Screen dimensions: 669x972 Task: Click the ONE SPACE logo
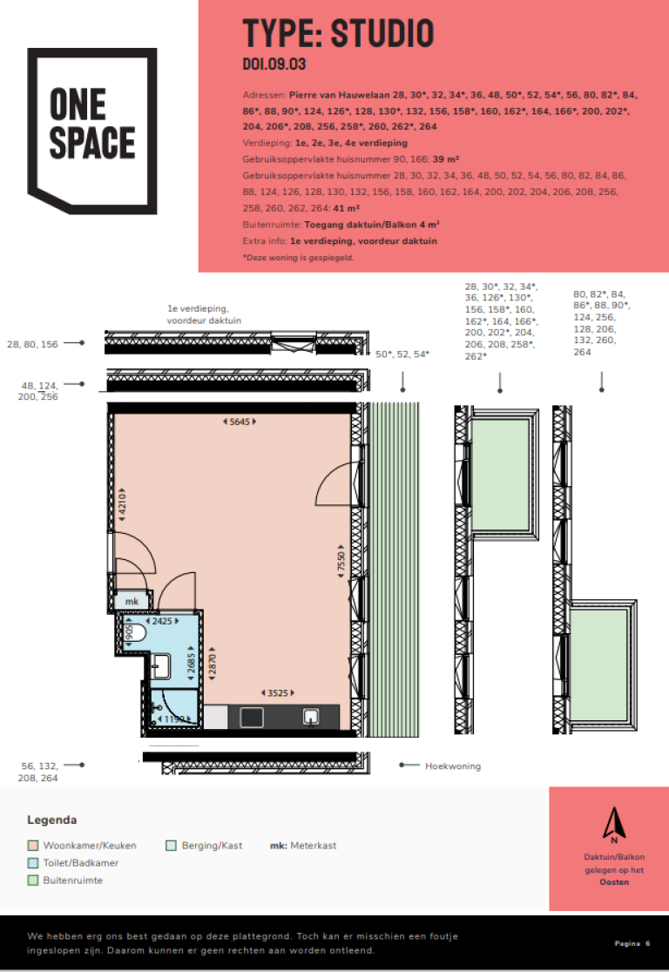click(x=91, y=130)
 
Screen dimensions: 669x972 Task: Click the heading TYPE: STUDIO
click(x=338, y=33)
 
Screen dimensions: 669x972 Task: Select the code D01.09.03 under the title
click(x=274, y=64)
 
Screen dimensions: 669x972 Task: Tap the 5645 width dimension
click(x=240, y=422)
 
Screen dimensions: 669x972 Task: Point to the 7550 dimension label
click(x=341, y=562)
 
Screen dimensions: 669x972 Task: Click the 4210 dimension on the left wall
click(x=122, y=504)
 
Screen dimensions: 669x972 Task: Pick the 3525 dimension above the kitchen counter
click(x=277, y=692)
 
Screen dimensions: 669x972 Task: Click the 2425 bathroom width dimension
click(x=162, y=620)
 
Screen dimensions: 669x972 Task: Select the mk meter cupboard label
click(x=132, y=601)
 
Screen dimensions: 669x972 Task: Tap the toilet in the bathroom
click(x=137, y=633)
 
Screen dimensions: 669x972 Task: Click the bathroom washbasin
click(x=160, y=666)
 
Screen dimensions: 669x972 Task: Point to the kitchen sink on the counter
click(x=311, y=717)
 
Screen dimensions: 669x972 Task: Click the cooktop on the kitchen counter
click(x=252, y=718)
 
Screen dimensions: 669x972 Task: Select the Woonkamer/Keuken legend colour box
click(x=33, y=846)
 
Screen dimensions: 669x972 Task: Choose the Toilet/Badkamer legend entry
click(x=73, y=863)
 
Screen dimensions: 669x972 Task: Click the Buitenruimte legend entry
click(x=65, y=881)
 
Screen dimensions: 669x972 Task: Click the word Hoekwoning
click(x=453, y=766)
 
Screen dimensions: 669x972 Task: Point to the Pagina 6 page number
click(x=632, y=943)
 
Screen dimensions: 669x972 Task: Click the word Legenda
click(x=52, y=820)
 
